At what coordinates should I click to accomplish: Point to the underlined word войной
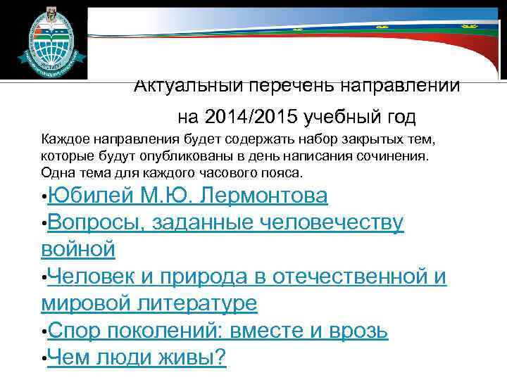[x=77, y=249]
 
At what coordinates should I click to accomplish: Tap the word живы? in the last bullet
[x=192, y=357]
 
